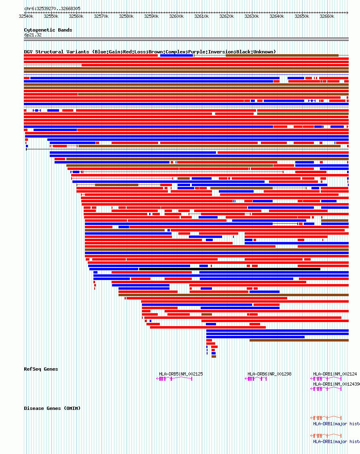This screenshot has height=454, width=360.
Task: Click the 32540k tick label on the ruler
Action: click(x=25, y=17)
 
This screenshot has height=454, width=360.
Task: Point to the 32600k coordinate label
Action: click(x=176, y=17)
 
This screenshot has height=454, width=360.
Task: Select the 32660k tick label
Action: click(x=327, y=17)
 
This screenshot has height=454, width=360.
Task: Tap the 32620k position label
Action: click(x=227, y=17)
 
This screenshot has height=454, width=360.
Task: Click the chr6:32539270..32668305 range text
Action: click(x=52, y=8)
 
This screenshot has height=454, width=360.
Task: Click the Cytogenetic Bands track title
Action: click(x=48, y=30)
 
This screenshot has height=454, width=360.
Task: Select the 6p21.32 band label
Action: click(x=32, y=35)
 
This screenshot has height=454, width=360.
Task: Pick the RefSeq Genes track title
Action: click(x=41, y=369)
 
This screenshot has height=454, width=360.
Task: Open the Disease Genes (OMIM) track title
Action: click(x=52, y=408)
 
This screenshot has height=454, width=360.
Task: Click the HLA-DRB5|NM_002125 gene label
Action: click(x=181, y=374)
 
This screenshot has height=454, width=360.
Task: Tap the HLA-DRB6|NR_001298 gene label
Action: click(x=269, y=374)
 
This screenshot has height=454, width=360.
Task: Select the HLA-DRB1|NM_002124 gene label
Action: click(x=335, y=374)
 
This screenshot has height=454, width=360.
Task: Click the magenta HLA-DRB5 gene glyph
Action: click(x=174, y=379)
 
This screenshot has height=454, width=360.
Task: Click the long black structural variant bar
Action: click(x=229, y=269)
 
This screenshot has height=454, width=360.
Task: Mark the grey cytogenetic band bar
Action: click(x=186, y=39)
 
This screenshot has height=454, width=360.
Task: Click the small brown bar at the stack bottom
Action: click(x=214, y=356)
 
